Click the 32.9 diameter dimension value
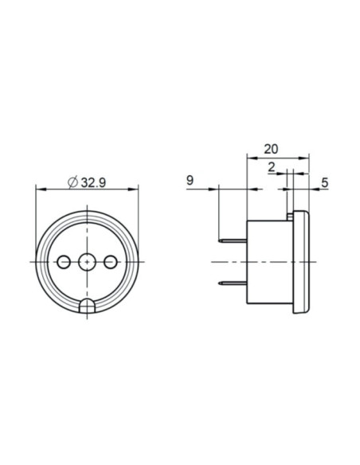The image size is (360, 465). (93, 182)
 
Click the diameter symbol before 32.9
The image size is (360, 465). (72, 182)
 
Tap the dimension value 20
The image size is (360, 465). (271, 149)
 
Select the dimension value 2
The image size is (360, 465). (272, 167)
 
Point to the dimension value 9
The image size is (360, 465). (190, 180)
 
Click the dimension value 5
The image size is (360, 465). (325, 182)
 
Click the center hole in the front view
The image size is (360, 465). (87, 262)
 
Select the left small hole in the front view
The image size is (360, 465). (64, 262)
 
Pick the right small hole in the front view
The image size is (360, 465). (110, 262)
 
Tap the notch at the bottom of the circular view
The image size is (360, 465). (87, 306)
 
